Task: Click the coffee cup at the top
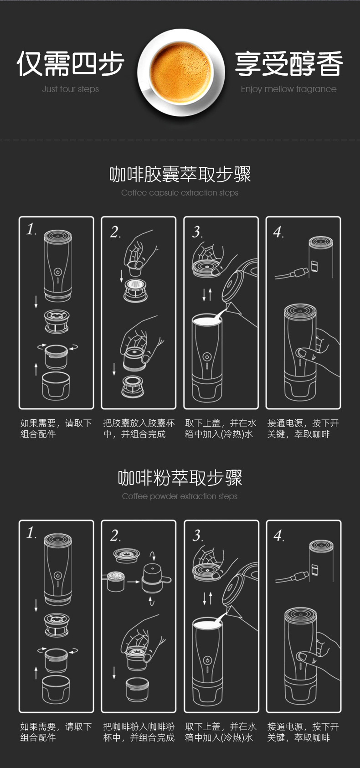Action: pos(181,72)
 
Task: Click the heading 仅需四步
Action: pos(70,63)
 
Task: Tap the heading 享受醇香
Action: pos(289,63)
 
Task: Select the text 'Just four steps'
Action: pos(70,89)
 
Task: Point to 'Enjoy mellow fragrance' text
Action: pos(289,89)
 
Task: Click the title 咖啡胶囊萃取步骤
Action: pos(180,174)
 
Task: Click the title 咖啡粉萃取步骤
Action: pos(180,478)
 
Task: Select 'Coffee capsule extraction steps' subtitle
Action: pos(180,193)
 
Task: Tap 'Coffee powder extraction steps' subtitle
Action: pos(180,496)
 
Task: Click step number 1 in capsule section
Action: pos(31,229)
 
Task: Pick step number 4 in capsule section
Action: pos(278,232)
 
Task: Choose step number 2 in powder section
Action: pos(115,536)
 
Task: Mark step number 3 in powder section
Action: pos(197,536)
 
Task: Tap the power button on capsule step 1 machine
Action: pos(57,272)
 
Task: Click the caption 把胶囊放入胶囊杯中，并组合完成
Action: pos(139,428)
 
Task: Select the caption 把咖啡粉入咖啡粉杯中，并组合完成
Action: pos(139,732)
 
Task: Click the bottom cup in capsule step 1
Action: pos(56,386)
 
